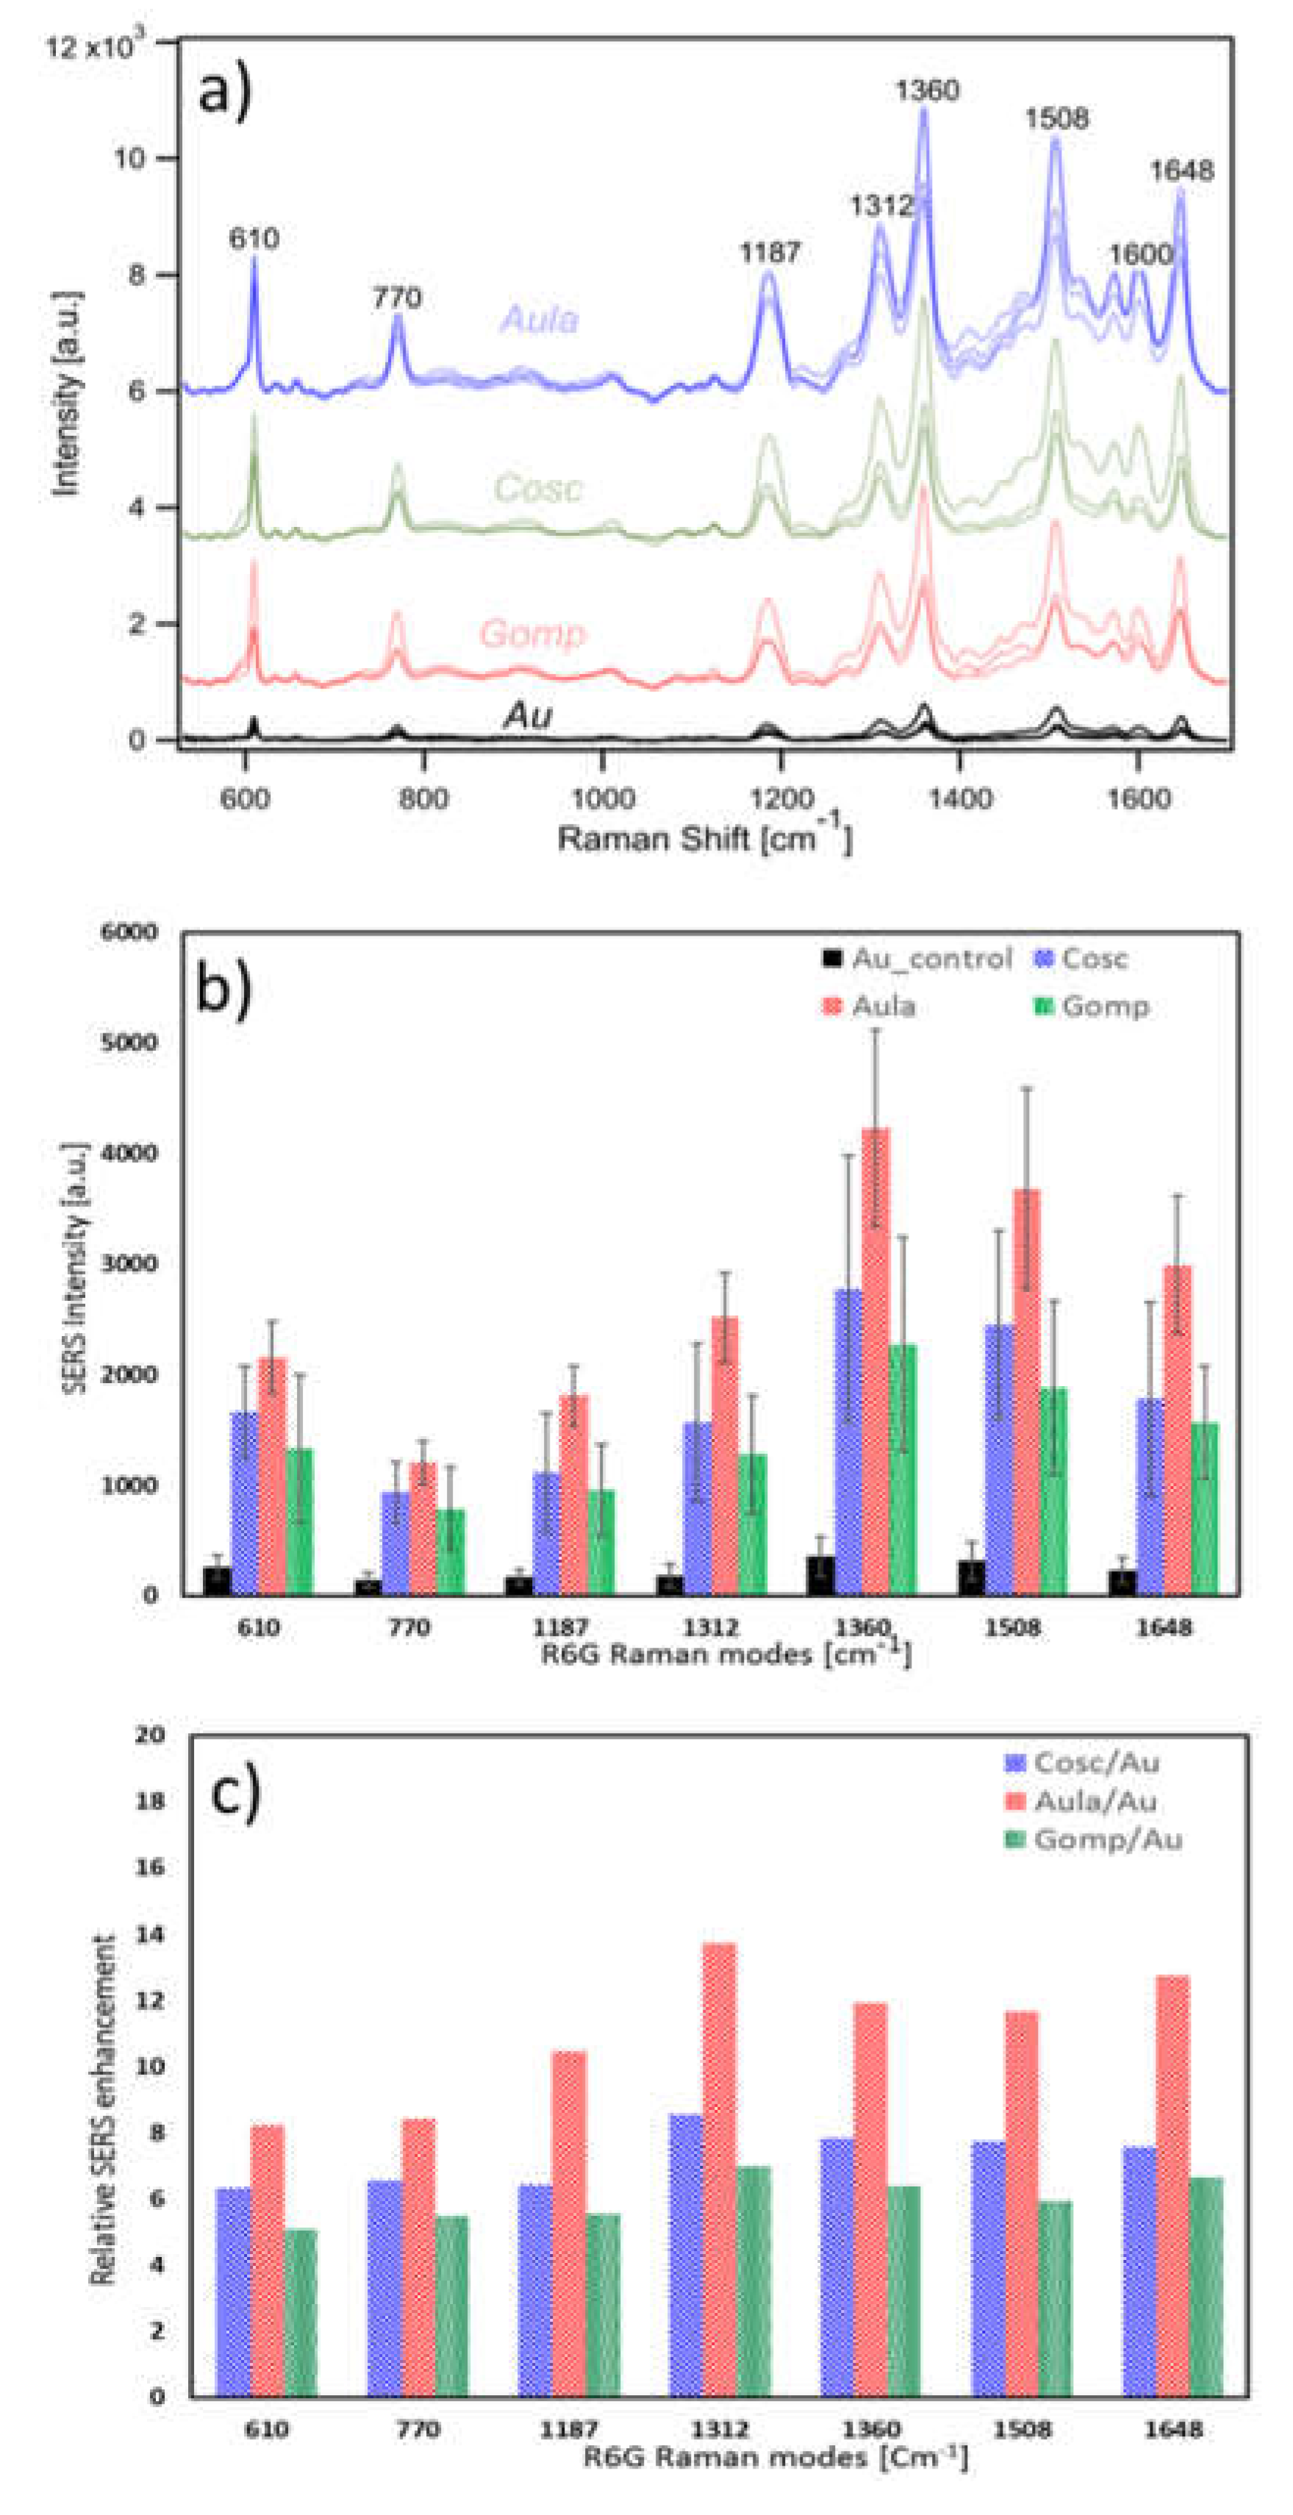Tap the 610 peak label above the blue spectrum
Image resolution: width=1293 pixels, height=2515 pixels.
tap(254, 238)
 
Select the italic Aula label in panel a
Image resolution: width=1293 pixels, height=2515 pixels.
tap(538, 319)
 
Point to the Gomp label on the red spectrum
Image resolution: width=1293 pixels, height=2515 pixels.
tap(532, 633)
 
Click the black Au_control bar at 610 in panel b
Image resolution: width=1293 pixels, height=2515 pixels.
tap(217, 1581)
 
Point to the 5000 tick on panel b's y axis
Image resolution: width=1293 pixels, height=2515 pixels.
tap(131, 1041)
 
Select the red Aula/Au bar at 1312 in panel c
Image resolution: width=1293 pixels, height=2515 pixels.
tap(719, 2170)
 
